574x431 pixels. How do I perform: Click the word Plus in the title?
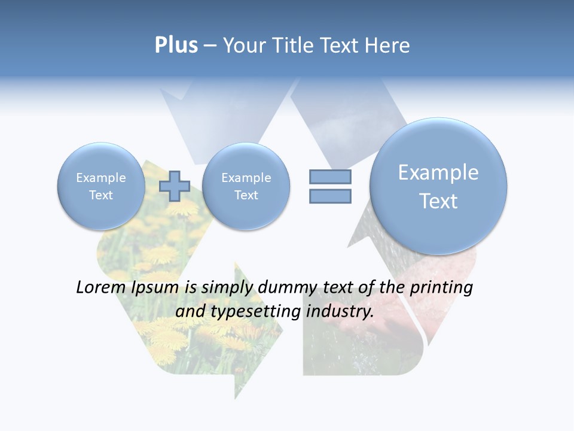176,45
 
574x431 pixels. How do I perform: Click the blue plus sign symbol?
175,186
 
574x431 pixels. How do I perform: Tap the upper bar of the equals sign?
330,177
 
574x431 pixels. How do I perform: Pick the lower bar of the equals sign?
330,196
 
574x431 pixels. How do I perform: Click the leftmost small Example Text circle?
101,186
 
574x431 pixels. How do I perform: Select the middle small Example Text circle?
246,186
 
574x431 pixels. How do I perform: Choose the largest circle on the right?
438,186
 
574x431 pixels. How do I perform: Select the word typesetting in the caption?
246,312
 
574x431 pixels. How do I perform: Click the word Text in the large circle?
438,201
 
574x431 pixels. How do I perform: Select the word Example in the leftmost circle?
101,178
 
